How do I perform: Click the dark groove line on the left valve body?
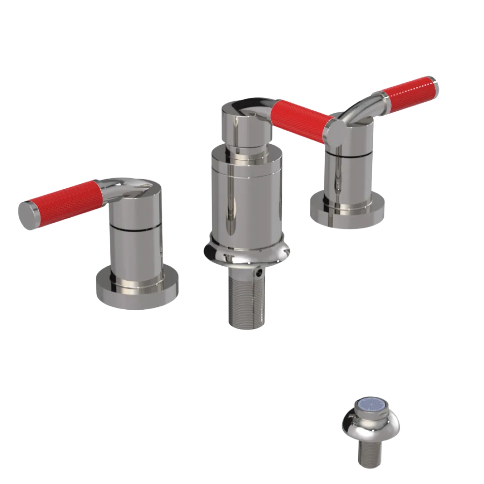pyautogui.click(x=136, y=227)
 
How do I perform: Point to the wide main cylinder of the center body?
pyautogui.click(x=246, y=198)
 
